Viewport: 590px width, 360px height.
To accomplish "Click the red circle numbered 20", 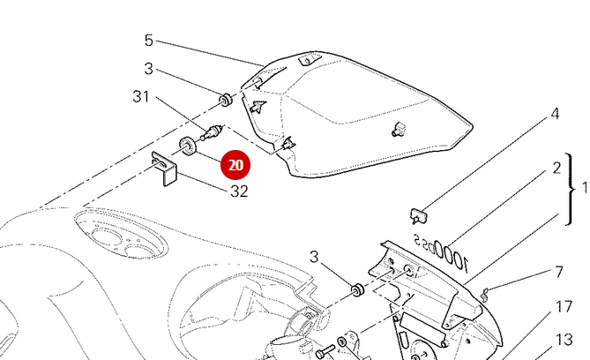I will [x=235, y=165].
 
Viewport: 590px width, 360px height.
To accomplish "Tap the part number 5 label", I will [x=149, y=41].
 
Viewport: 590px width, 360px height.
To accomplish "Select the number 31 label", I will [x=142, y=96].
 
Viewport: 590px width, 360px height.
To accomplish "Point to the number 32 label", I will [x=239, y=190].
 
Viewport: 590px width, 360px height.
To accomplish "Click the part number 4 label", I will [x=555, y=114].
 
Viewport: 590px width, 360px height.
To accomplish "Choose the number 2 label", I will [x=556, y=167].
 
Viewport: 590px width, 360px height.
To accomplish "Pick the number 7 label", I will [x=558, y=272].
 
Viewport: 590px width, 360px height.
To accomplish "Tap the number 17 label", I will [x=564, y=307].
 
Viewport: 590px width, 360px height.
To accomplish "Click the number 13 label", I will [x=564, y=340].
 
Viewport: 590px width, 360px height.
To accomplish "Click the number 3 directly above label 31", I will [x=148, y=69].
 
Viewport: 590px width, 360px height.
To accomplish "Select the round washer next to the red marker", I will [x=187, y=146].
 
